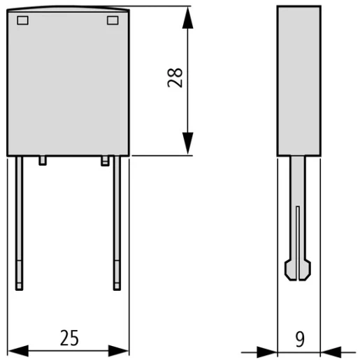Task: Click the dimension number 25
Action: point(69,339)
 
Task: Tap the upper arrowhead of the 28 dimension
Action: point(187,18)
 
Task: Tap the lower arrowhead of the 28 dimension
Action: point(187,144)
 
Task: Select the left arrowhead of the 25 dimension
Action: point(18,350)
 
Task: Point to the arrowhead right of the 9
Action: point(331,350)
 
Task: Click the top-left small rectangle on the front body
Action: point(22,20)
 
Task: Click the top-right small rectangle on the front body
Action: point(113,20)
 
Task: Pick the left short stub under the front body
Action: point(43,160)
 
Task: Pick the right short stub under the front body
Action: point(106,160)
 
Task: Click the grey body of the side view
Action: point(298,80)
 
